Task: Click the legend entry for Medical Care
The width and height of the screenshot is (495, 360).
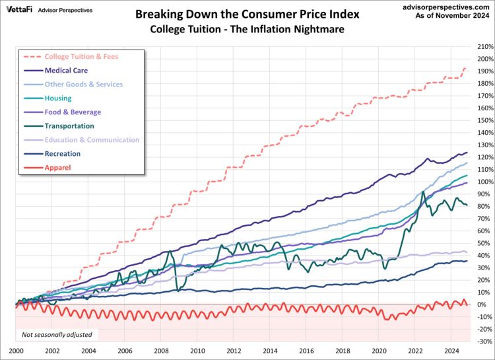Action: (x=66, y=70)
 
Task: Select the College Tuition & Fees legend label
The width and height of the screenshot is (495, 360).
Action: (x=81, y=56)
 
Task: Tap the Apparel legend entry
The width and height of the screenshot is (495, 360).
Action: (x=57, y=168)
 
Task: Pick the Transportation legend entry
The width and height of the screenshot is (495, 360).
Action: (x=69, y=126)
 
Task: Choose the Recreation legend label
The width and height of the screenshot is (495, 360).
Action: (x=63, y=154)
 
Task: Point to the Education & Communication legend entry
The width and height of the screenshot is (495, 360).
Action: (x=92, y=140)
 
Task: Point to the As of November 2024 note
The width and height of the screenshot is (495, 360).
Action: (x=453, y=17)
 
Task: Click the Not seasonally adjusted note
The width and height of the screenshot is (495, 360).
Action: (x=57, y=335)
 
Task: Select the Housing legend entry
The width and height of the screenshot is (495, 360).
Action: (x=58, y=98)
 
